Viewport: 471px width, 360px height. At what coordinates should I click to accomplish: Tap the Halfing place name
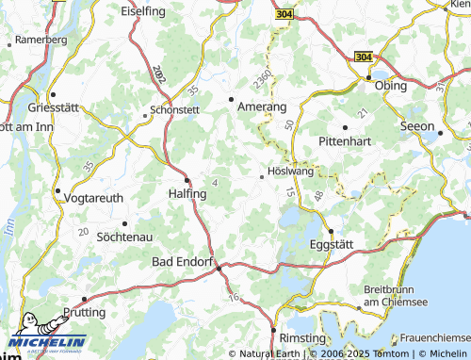pos(186,192)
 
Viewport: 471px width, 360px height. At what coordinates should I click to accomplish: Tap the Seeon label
pos(416,126)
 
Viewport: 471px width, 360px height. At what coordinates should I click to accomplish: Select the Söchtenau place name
pos(124,237)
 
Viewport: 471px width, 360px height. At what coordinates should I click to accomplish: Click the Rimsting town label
pos(302,337)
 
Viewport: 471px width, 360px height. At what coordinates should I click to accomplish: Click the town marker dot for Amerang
pos(232,97)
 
